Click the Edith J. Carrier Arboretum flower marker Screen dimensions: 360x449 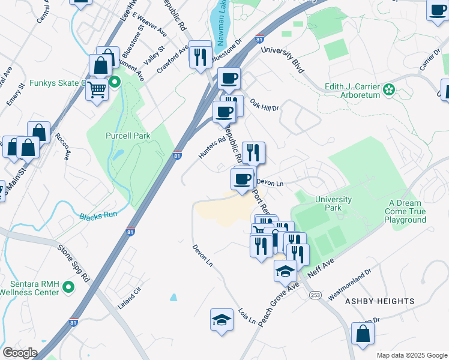point(389,90)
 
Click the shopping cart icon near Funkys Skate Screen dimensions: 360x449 point(96,90)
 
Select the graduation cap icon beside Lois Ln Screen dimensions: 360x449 point(221,319)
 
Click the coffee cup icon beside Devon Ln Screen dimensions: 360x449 point(243,179)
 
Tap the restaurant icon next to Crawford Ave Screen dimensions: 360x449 point(200,57)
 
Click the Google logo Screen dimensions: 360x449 point(20,353)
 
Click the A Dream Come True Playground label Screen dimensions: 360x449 point(406,212)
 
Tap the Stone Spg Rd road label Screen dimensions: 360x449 point(74,262)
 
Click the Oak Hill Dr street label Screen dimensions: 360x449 point(265,105)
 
